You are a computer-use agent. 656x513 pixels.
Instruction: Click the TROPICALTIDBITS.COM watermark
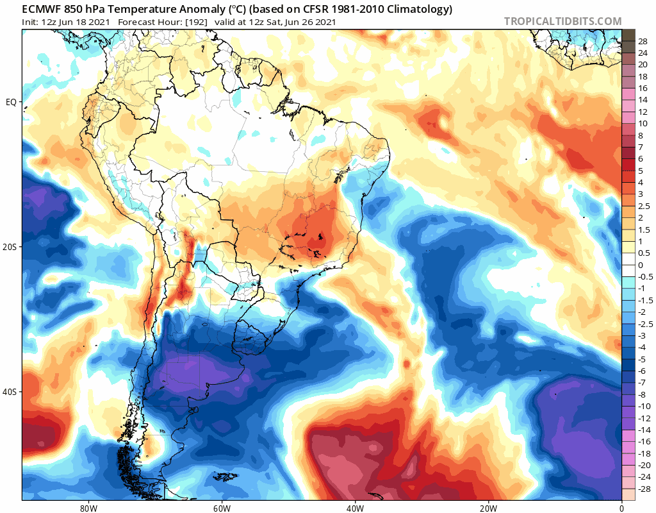point(562,22)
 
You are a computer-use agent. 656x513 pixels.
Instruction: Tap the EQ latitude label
point(10,102)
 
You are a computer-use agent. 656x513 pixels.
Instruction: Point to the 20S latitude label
point(10,247)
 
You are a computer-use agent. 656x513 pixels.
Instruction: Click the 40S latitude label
point(10,392)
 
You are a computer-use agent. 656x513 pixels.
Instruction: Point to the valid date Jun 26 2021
point(311,22)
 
